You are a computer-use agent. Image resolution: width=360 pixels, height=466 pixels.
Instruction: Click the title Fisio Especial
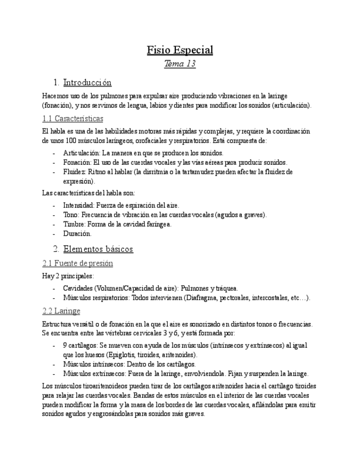click(180, 50)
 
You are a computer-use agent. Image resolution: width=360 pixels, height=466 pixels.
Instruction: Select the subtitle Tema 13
click(180, 64)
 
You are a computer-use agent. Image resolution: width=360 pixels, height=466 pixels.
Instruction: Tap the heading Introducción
click(87, 83)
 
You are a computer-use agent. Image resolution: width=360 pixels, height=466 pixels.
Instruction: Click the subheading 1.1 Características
click(73, 119)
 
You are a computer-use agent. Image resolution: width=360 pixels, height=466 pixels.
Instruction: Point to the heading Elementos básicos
click(98, 249)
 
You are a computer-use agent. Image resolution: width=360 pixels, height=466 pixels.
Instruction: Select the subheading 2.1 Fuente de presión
click(77, 263)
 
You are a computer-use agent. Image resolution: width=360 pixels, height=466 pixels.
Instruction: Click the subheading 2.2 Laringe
click(61, 312)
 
